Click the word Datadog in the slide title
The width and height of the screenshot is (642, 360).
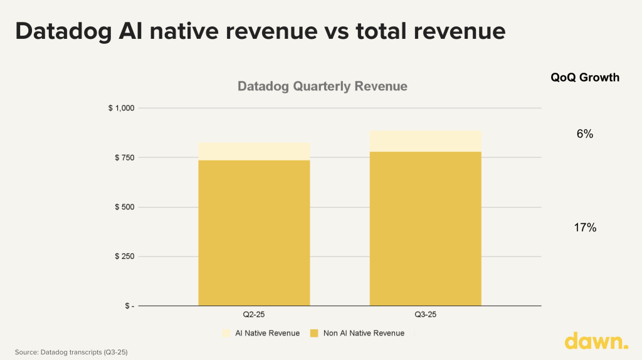(63, 31)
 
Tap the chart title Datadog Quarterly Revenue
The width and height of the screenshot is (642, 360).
(322, 86)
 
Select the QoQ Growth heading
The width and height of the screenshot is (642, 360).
(584, 77)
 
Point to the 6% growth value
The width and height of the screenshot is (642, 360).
(584, 134)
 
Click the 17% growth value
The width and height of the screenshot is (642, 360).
(584, 228)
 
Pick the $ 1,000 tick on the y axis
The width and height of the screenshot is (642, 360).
(121, 109)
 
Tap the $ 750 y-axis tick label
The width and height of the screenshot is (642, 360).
(124, 157)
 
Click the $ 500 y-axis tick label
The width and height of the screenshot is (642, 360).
(124, 207)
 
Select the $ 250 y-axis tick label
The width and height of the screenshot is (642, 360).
(124, 257)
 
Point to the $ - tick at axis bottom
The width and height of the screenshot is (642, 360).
(128, 306)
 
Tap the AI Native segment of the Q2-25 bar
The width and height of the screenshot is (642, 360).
(254, 151)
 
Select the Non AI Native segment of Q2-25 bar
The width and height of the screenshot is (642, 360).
(254, 232)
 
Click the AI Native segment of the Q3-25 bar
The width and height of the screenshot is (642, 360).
(425, 141)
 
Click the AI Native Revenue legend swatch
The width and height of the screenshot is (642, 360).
(226, 333)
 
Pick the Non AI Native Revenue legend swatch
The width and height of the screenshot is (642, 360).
(313, 333)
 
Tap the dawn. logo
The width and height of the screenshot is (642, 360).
(596, 341)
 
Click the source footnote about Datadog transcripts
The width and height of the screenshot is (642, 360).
(71, 352)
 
